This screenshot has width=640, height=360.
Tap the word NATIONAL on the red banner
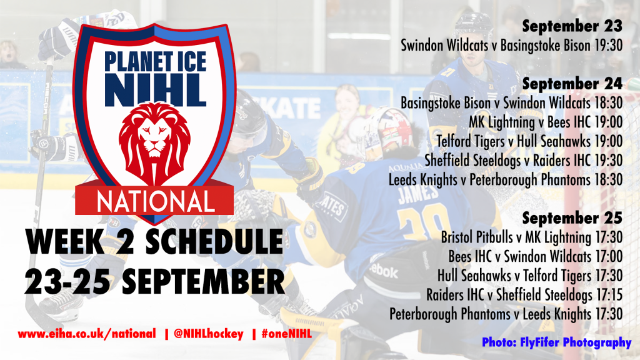pyautogui.click(x=155, y=202)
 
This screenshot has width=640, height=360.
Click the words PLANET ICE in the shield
pyautogui.click(x=155, y=62)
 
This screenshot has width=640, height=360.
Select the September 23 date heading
pyautogui.click(x=572, y=26)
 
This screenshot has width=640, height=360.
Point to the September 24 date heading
pyautogui.click(x=572, y=84)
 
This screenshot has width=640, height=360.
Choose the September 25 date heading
pyautogui.click(x=572, y=218)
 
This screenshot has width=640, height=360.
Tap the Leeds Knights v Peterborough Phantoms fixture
pyautogui.click(x=506, y=179)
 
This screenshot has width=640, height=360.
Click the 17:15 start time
pyautogui.click(x=609, y=295)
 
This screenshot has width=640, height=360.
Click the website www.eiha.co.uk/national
pyautogui.click(x=87, y=334)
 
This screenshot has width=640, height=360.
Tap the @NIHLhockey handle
pyautogui.click(x=209, y=334)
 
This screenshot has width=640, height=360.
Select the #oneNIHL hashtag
pyautogui.click(x=286, y=334)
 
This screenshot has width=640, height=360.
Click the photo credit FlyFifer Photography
pyautogui.click(x=576, y=342)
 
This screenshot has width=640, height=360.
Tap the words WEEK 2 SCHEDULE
pyautogui.click(x=154, y=242)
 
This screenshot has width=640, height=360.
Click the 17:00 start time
pyautogui.click(x=609, y=256)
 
